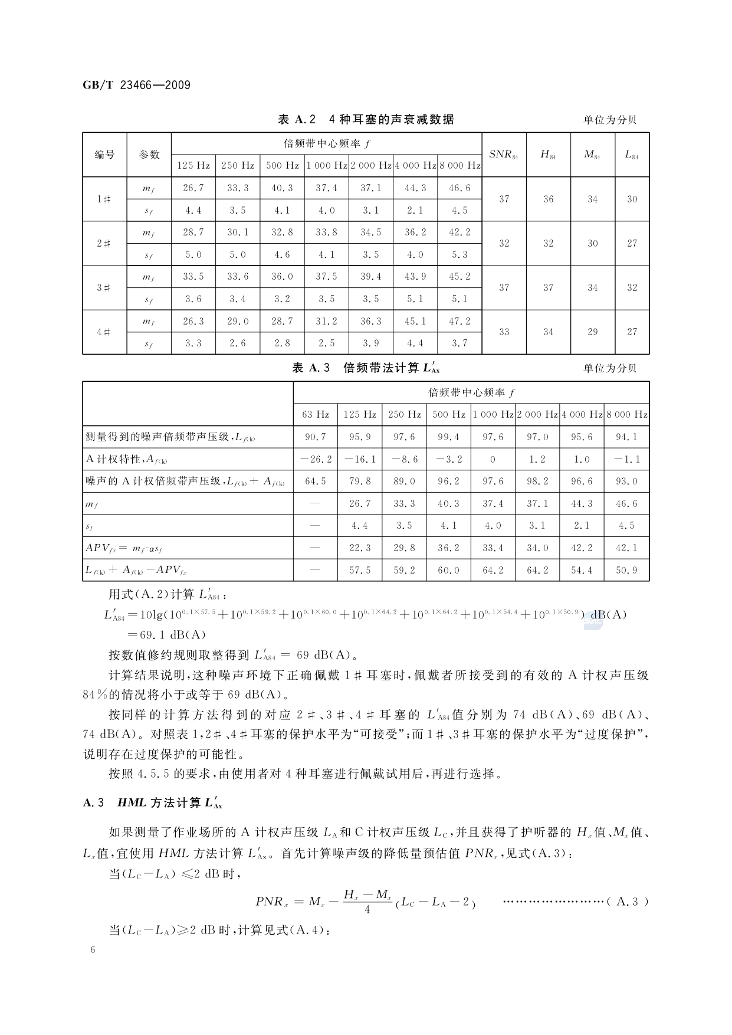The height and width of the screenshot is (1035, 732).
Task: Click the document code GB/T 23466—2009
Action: tap(136, 85)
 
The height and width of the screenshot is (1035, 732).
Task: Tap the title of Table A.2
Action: tap(366, 119)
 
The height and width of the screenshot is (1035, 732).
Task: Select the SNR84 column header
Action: tap(504, 155)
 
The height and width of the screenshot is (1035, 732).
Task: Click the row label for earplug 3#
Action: tap(104, 288)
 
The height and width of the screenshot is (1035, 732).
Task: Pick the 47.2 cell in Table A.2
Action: tap(459, 321)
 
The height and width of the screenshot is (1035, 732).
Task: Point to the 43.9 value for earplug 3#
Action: tap(415, 277)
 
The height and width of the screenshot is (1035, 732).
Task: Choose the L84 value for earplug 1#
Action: tap(632, 199)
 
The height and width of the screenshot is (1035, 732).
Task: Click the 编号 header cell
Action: tap(104, 155)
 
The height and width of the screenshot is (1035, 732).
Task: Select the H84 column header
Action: tap(548, 155)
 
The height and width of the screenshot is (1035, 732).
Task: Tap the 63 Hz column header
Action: tap(316, 414)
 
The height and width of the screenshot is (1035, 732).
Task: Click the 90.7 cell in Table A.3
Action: tap(316, 437)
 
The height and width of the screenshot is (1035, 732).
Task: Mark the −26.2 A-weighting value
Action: tap(316, 459)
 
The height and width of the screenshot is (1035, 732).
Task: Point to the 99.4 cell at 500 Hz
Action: tap(448, 437)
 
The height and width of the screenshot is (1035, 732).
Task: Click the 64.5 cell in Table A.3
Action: tap(316, 482)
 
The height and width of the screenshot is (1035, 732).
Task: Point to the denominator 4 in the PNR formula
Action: tap(367, 910)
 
